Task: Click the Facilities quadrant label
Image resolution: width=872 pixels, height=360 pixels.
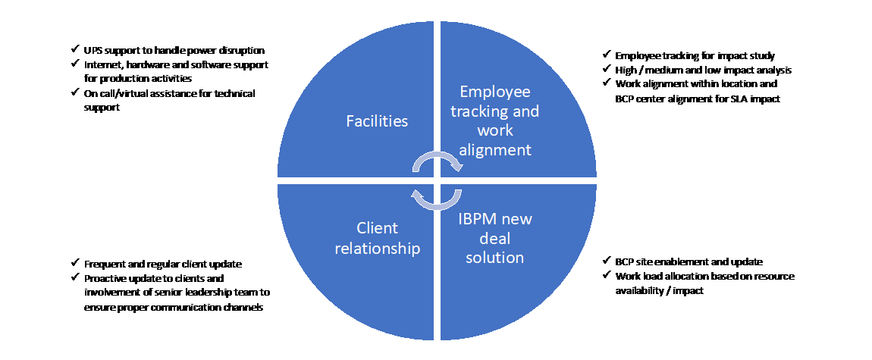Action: pos(377,121)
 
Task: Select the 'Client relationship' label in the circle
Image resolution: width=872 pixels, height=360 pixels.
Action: pos(377,238)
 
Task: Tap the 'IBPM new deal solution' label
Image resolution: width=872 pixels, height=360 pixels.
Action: pos(495,238)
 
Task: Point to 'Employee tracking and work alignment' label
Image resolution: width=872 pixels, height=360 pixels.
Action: pos(495,121)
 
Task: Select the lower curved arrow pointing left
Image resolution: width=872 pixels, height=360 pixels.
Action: pos(437,203)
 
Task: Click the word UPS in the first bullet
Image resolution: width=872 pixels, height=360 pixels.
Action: pos(92,50)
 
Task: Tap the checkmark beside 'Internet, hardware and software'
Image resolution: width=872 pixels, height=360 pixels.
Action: pos(74,64)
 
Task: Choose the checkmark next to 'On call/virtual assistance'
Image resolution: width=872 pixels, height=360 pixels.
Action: pos(74,92)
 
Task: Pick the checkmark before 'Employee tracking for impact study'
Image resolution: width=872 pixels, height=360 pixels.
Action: pos(606,55)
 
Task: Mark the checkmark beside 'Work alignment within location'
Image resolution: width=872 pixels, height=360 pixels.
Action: pos(606,83)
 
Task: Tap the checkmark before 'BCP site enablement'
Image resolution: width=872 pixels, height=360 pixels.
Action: pos(606,261)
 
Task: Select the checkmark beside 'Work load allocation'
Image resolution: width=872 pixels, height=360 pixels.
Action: pos(606,275)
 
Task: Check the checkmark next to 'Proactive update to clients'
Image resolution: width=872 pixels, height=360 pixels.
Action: pos(74,277)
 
